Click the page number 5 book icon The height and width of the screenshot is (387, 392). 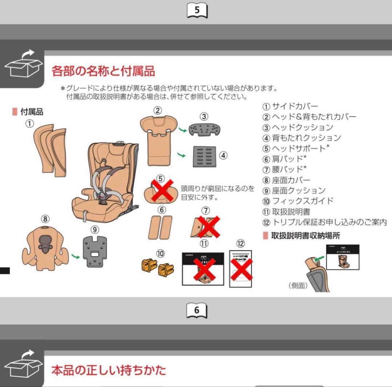click(x=197, y=11)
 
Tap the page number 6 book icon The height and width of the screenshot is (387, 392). click(x=197, y=311)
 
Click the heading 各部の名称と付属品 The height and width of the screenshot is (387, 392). click(x=103, y=71)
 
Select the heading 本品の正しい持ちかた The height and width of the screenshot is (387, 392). click(x=109, y=370)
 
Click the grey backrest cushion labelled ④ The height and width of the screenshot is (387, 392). click(x=204, y=156)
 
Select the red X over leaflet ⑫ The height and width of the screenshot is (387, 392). click(x=241, y=269)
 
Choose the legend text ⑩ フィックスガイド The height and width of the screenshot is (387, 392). click(x=298, y=201)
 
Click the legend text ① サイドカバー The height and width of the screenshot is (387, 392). click(x=290, y=106)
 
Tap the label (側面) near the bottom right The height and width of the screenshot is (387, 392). click(x=298, y=286)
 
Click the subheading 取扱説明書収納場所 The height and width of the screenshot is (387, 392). click(x=306, y=236)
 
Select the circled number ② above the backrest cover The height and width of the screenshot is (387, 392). click(x=157, y=111)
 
